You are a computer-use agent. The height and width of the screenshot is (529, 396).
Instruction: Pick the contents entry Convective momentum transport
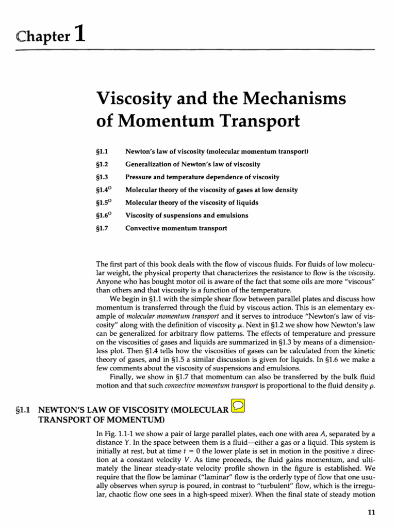(176, 228)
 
